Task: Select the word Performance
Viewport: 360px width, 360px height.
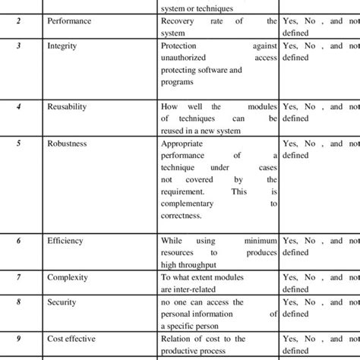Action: (69, 21)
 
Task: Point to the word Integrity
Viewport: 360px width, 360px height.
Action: (63, 46)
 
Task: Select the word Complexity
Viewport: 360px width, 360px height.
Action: (68, 279)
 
